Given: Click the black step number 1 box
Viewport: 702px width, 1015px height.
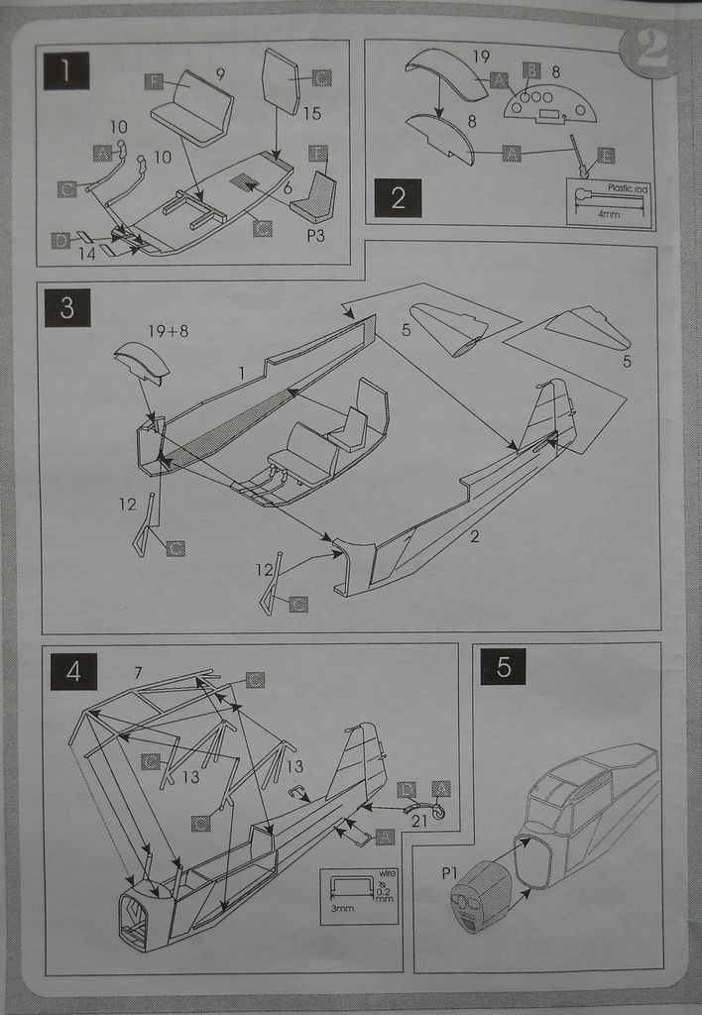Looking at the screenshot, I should (66, 70).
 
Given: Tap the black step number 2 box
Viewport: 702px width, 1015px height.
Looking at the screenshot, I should (398, 197).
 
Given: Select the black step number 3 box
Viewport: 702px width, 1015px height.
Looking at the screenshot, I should (66, 308).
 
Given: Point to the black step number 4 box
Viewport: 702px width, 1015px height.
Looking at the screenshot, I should (73, 671).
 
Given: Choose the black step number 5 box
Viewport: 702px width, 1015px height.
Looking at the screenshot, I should (503, 666).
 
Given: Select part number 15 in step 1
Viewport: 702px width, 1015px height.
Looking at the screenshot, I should (312, 114).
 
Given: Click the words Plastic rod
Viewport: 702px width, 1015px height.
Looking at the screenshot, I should (627, 187).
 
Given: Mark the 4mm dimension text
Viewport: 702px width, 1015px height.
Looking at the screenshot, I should (609, 213).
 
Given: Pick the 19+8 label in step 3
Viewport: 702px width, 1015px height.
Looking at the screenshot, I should (170, 332).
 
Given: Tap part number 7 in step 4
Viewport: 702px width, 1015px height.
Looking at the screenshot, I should (138, 674).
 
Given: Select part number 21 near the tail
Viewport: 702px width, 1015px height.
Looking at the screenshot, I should (419, 821).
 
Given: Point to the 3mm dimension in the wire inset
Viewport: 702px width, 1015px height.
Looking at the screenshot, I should (343, 909).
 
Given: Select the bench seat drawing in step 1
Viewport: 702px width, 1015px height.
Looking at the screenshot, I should (193, 109).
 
